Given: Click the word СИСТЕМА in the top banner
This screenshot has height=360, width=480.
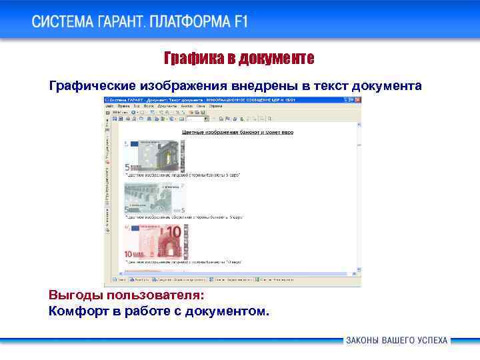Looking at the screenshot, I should coord(64,22).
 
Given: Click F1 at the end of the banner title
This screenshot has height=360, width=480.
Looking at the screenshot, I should coord(241,22).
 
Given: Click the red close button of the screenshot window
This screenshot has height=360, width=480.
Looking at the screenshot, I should coord(358,99).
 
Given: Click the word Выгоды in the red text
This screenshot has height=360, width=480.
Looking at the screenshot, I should coord(71,295).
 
